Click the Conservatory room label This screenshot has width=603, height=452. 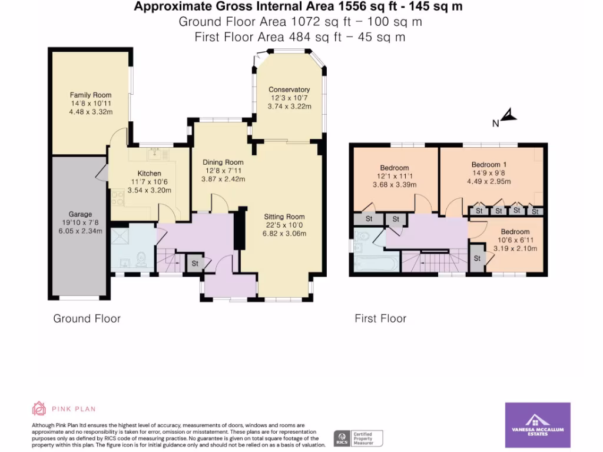click(x=289, y=89)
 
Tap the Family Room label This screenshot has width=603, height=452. click(x=91, y=95)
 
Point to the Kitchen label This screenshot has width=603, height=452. click(x=149, y=174)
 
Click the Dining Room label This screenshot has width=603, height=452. click(x=223, y=162)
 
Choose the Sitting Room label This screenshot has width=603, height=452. click(x=284, y=217)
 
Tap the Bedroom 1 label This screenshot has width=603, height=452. click(x=489, y=164)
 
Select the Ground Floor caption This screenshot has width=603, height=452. click(x=87, y=318)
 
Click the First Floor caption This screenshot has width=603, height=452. click(x=380, y=318)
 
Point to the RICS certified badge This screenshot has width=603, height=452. click(x=358, y=438)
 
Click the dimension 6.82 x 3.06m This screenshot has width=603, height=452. click(x=285, y=233)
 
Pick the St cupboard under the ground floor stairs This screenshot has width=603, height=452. click(x=194, y=263)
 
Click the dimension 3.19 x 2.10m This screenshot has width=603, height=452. click(x=515, y=248)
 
